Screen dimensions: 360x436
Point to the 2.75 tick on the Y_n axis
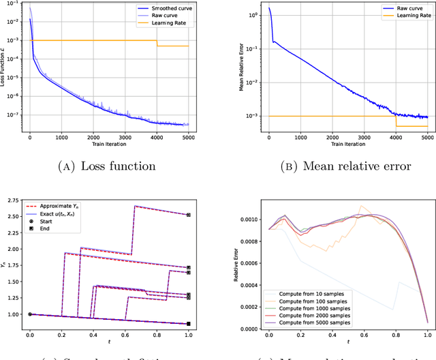point(14,200)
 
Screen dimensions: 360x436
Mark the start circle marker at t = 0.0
point(30,314)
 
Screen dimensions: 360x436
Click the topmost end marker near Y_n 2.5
point(189,215)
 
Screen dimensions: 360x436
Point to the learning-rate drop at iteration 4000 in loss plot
point(157,43)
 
